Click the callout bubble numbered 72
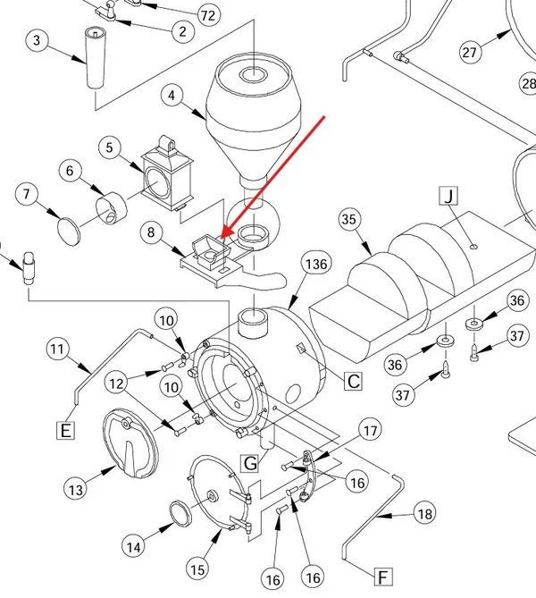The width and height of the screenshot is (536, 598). click(208, 15)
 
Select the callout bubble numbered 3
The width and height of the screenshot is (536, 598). click(37, 40)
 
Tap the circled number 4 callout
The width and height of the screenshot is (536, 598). click(172, 95)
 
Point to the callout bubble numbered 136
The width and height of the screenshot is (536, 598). click(316, 264)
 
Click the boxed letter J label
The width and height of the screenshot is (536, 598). click(448, 196)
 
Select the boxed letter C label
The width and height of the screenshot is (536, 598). click(354, 381)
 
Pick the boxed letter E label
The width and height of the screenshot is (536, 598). click(65, 430)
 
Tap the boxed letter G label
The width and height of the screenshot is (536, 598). click(250, 463)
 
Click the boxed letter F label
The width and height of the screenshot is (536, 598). click(383, 577)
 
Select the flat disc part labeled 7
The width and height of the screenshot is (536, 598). click(69, 232)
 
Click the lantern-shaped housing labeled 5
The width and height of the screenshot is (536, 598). click(167, 173)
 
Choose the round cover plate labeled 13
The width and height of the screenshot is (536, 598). click(130, 443)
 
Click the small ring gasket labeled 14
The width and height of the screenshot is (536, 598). click(180, 514)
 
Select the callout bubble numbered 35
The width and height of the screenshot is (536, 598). click(348, 219)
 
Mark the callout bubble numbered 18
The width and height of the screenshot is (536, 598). click(424, 514)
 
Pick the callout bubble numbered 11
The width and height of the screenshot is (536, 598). click(57, 349)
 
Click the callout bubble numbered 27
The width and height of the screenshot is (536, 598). click(470, 52)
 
